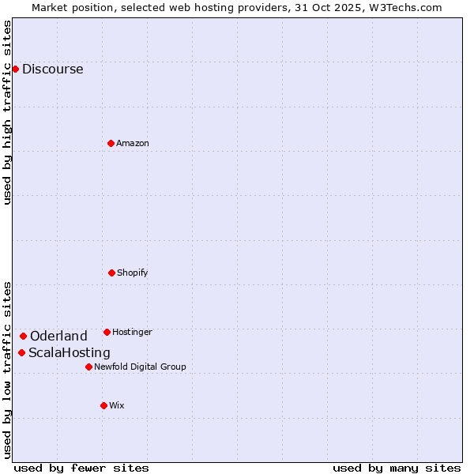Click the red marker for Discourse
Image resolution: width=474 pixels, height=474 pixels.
click(15, 69)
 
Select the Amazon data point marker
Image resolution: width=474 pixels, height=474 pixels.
click(111, 143)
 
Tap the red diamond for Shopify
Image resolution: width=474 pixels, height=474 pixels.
click(111, 273)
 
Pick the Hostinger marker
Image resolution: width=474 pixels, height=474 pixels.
click(107, 332)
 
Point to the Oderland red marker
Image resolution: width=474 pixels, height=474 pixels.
click(23, 336)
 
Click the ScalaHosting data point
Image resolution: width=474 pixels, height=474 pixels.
click(21, 352)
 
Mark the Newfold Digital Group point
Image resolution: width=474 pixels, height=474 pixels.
click(88, 367)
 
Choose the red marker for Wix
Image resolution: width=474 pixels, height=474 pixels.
click(103, 405)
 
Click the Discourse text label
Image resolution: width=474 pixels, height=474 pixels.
click(52, 69)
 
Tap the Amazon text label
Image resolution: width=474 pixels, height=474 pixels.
click(133, 143)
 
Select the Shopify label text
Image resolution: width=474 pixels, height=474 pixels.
click(133, 273)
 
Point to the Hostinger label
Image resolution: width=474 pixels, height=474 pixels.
click(132, 332)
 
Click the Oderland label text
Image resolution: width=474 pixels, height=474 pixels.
click(58, 336)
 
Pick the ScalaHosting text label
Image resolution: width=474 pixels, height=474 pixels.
click(70, 352)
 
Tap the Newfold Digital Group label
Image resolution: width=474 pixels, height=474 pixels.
click(140, 367)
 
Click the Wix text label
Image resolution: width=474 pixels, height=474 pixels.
click(117, 405)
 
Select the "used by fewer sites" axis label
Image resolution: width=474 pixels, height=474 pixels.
click(81, 468)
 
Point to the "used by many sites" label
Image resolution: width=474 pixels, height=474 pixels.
click(397, 468)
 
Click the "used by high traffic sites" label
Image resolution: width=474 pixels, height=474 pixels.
click(7, 112)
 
